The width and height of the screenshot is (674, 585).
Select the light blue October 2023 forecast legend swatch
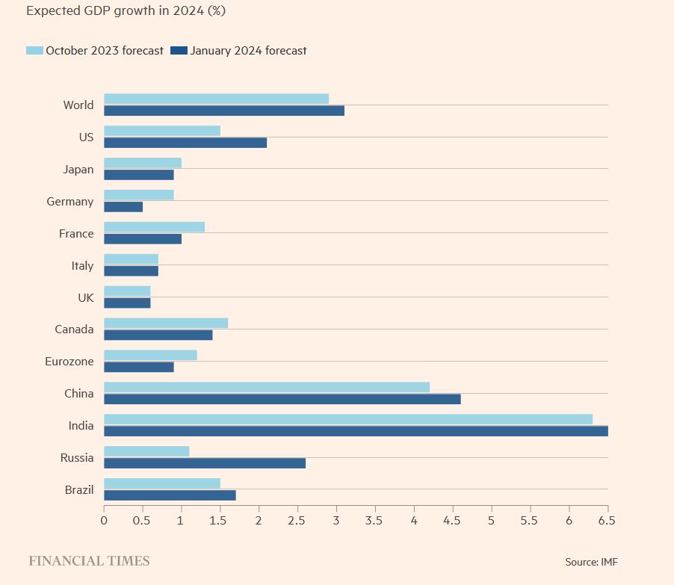pos(34,51)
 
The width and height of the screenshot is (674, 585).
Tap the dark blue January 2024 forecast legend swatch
pos(179,51)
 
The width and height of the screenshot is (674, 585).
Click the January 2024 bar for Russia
pos(204,463)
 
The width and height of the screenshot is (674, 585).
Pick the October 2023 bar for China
pos(266,387)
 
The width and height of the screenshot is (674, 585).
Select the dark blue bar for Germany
pos(123,207)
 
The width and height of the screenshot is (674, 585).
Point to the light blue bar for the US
pos(161,131)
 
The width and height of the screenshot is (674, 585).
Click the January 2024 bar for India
pos(355,431)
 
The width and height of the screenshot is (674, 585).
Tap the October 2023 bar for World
pos(216,99)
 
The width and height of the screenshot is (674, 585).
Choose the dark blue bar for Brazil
pos(170,495)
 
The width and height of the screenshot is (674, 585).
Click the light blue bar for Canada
pos(165,324)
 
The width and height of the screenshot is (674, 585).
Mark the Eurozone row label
pos(70,362)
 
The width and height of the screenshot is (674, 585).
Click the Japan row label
pos(78,170)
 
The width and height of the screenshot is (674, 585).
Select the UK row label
pos(86,297)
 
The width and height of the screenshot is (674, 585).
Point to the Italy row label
pos(82,266)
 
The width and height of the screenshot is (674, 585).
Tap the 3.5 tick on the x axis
pos(375,520)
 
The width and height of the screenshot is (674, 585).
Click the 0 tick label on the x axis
pos(104,520)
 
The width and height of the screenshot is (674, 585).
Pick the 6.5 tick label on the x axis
pos(607,520)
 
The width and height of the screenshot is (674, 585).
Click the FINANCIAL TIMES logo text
pos(89,561)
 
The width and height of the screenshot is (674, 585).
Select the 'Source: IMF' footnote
pos(591,562)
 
